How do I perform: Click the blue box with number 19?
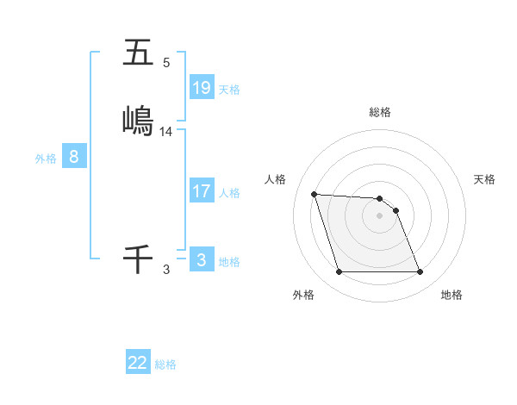[x=202, y=87]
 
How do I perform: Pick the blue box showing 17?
[x=202, y=191]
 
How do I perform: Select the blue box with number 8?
[x=74, y=157]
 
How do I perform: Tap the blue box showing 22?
[x=138, y=363]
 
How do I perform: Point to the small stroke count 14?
[x=166, y=132]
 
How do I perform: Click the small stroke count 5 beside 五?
[x=166, y=63]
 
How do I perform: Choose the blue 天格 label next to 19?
[x=229, y=89]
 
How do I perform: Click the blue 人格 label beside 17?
[x=229, y=193]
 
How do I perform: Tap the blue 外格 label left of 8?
[x=46, y=159]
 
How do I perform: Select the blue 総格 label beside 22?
[x=165, y=364]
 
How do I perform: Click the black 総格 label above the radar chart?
[x=380, y=112]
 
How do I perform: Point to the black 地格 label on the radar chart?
[x=452, y=295]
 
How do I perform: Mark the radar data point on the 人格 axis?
[x=314, y=194]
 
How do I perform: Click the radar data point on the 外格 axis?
[x=339, y=272]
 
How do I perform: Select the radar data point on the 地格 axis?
[x=420, y=272]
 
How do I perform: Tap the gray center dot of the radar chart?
[x=379, y=215]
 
